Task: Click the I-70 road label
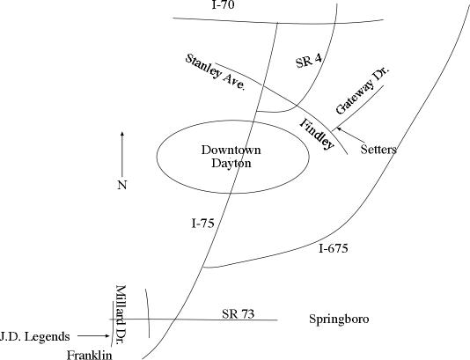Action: (223, 4)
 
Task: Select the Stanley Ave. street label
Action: (216, 72)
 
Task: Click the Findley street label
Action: (317, 134)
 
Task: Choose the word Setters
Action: (378, 149)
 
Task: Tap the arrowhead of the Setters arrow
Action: (338, 129)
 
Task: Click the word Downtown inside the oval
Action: (231, 150)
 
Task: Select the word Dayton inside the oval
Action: (231, 164)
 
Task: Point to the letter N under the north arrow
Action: (122, 185)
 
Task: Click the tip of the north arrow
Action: (122, 132)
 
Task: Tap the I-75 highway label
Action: (203, 224)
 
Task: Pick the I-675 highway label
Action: (333, 248)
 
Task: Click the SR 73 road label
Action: (238, 314)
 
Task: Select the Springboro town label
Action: (339, 319)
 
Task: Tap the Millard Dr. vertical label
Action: (121, 315)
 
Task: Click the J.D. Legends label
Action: (35, 336)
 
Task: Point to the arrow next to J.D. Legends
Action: (93, 336)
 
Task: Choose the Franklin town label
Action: (89, 356)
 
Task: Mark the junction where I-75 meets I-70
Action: (277, 23)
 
